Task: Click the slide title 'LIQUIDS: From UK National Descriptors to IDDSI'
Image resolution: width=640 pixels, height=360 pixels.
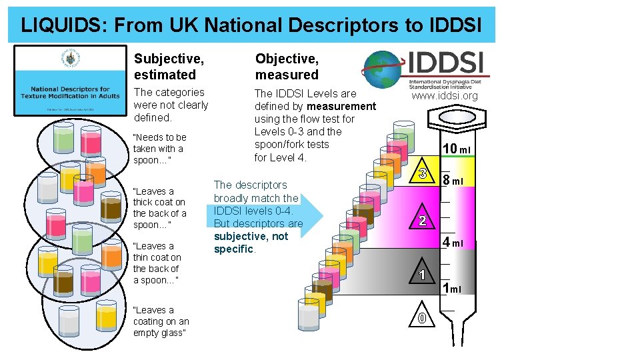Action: point(251,25)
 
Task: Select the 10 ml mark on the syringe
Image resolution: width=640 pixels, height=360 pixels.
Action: point(458,149)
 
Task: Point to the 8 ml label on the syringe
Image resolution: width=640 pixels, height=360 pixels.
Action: point(458,180)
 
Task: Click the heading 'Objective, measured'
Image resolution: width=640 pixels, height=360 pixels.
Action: point(287,67)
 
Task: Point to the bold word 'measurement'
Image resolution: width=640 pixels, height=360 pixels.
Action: point(341,107)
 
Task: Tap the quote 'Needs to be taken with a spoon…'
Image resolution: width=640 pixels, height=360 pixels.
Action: point(159,149)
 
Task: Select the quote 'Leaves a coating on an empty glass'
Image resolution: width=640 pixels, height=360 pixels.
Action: point(161,321)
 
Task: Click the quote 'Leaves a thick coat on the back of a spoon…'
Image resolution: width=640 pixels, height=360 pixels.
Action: point(159,208)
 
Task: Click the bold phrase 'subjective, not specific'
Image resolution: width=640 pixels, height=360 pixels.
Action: point(251,243)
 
